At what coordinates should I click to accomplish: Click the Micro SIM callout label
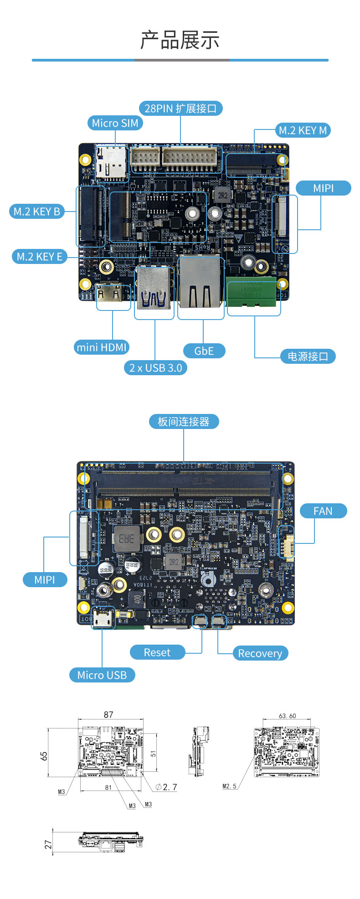tap(115, 123)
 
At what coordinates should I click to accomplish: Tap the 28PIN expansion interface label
tap(180, 108)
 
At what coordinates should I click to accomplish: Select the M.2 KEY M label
tap(303, 130)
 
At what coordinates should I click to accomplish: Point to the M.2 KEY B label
tap(37, 212)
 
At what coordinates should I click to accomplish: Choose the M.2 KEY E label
tap(39, 257)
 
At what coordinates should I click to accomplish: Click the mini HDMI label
tap(102, 347)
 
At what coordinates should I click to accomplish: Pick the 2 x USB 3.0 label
tap(155, 368)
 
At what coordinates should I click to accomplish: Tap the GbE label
tap(204, 351)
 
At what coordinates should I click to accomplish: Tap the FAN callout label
tap(323, 511)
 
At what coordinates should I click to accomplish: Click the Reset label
tap(157, 652)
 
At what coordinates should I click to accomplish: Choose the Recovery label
tap(260, 653)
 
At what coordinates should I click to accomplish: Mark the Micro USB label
tap(102, 675)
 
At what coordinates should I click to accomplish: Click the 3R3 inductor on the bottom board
tap(127, 538)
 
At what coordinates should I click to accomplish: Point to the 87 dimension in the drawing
tap(108, 714)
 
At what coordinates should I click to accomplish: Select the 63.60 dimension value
tap(287, 716)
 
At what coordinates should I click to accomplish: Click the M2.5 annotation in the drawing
tap(230, 786)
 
